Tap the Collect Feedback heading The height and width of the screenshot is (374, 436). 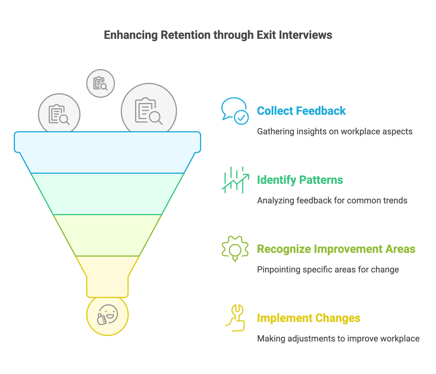pyautogui.click(x=301, y=111)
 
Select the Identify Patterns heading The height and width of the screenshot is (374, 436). pyautogui.click(x=300, y=180)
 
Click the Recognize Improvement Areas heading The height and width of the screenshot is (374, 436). pyautogui.click(x=336, y=249)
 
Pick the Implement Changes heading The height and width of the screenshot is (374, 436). pyautogui.click(x=308, y=318)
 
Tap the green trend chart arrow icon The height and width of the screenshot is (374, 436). pyautogui.click(x=235, y=180)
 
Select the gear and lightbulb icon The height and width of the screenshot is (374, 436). pyautogui.click(x=235, y=249)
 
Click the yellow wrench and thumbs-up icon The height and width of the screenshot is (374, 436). pyautogui.click(x=235, y=318)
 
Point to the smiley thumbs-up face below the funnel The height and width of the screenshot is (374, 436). pyautogui.click(x=107, y=315)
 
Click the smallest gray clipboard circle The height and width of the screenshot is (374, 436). pyautogui.click(x=101, y=83)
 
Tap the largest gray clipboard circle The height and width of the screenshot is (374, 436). pyautogui.click(x=149, y=111)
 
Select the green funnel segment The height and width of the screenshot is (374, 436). pyautogui.click(x=107, y=194)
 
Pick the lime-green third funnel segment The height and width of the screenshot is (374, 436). pyautogui.click(x=107, y=235)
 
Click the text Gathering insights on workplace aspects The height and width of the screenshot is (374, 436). pyautogui.click(x=335, y=131)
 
